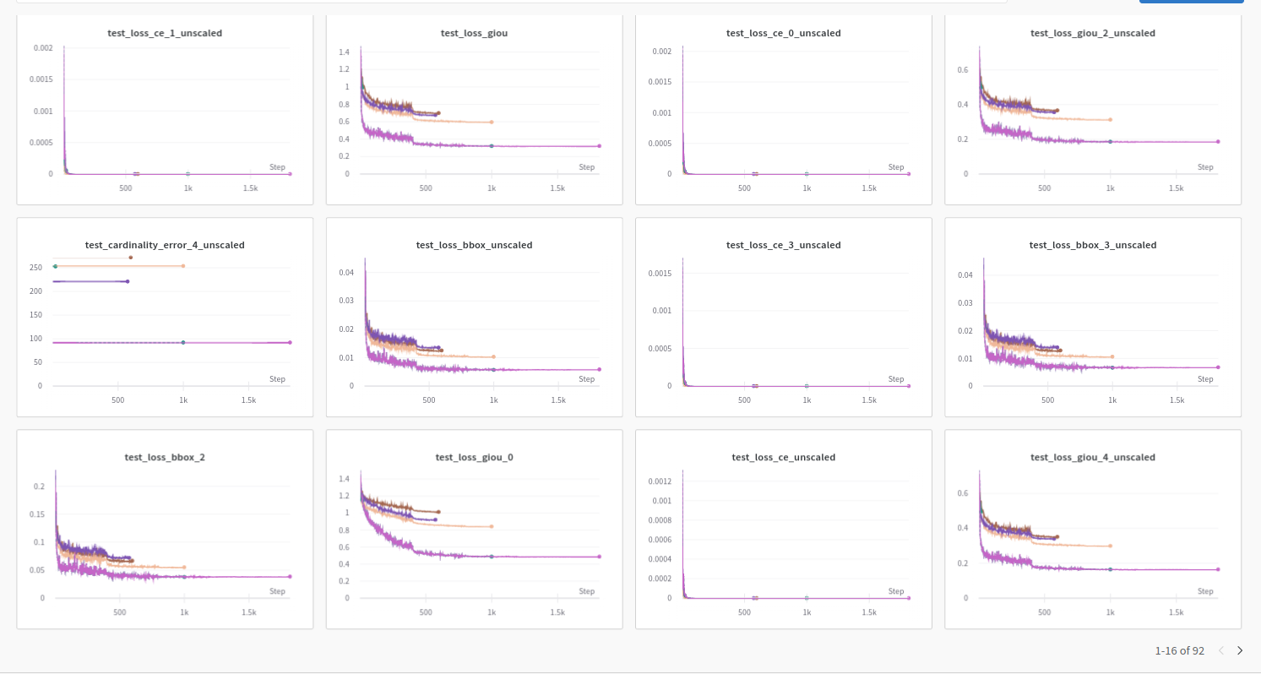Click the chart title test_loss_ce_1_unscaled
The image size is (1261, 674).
165,33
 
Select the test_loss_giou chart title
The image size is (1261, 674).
474,33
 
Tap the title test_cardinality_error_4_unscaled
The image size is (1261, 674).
165,245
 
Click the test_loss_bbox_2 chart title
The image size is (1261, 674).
165,457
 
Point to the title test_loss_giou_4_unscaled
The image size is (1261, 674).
1092,457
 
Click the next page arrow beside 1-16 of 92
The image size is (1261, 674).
1240,650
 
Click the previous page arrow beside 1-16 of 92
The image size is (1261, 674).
1220,650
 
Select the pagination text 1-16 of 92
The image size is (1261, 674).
1179,650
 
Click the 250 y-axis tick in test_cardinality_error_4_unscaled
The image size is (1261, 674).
35,268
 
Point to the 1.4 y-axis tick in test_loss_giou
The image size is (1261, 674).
344,52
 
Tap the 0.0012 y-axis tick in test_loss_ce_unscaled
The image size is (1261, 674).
658,481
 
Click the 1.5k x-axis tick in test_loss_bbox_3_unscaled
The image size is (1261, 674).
1176,400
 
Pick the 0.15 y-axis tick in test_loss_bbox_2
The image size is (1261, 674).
38,514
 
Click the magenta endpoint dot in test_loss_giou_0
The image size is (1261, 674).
599,557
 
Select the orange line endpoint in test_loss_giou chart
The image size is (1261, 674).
491,122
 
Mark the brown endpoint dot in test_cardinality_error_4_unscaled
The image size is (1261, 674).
130,258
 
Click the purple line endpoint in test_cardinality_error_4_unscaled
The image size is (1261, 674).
127,281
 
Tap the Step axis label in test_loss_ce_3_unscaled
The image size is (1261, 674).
896,379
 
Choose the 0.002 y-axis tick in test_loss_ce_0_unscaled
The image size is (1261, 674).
661,52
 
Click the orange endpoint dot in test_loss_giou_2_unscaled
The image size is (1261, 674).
1110,119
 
